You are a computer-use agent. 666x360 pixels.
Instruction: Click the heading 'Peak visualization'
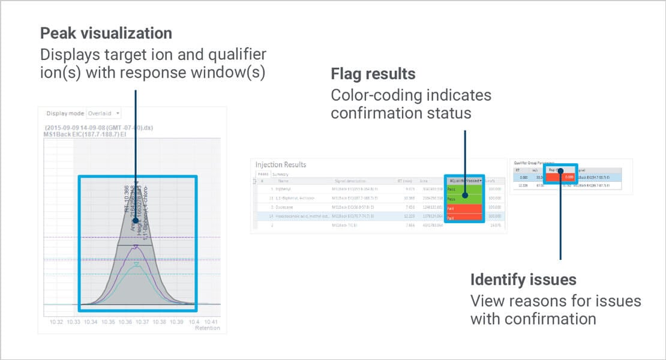pos(106,33)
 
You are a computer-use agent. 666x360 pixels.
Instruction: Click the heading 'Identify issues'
pos(523,280)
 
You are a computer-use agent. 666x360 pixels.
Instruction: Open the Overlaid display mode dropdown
pos(104,113)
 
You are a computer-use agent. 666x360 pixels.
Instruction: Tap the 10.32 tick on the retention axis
pos(56,322)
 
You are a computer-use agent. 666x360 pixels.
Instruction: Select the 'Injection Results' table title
pos(281,164)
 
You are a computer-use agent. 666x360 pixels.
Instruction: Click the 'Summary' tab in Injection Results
pos(280,174)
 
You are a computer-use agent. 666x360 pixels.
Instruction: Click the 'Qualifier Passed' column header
pos(464,180)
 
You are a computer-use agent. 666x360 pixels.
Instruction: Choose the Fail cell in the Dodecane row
pos(464,208)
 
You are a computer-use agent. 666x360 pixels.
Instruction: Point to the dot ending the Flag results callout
pos(465,196)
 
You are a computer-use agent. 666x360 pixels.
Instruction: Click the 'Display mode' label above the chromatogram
pos(65,113)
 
